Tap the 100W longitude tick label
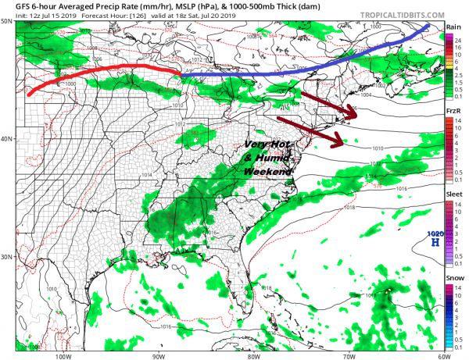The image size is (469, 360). coord(64,353)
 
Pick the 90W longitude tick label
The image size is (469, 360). coord(158,353)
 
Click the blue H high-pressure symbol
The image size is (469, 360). coord(435,242)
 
